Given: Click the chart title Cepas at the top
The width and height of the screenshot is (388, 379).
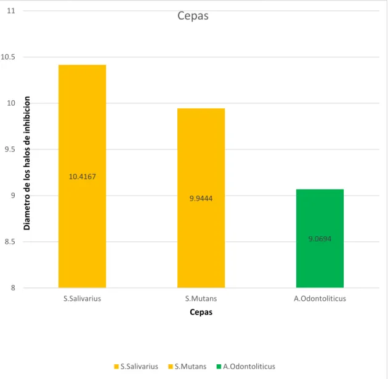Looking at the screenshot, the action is pyautogui.click(x=193, y=16).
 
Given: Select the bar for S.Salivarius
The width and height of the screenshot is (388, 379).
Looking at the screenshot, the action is pyautogui.click(x=82, y=177).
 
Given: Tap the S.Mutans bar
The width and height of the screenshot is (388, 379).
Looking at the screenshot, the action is pyautogui.click(x=201, y=198).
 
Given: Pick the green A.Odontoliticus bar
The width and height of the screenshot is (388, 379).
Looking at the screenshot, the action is pyautogui.click(x=320, y=239).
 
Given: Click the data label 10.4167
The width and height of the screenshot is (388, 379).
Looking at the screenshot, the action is pyautogui.click(x=82, y=177).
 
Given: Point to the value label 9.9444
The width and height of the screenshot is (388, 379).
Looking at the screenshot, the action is pyautogui.click(x=201, y=199).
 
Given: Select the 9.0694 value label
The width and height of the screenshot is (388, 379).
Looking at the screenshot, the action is pyautogui.click(x=320, y=239).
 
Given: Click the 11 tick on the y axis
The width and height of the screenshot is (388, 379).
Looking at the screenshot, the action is pyautogui.click(x=11, y=11).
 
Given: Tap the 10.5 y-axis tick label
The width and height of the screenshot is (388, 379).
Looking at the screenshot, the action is pyautogui.click(x=8, y=57).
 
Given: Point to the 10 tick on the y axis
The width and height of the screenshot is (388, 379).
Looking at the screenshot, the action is pyautogui.click(x=11, y=103).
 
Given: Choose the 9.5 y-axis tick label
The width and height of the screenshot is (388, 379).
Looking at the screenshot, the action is pyautogui.click(x=10, y=150).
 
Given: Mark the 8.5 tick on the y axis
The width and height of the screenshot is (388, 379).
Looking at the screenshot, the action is pyautogui.click(x=10, y=242).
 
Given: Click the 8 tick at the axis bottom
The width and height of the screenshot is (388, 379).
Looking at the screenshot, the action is pyautogui.click(x=13, y=288).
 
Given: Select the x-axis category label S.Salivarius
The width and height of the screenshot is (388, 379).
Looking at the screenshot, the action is pyautogui.click(x=82, y=298).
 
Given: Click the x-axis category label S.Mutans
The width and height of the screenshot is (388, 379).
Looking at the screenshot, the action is pyautogui.click(x=201, y=298).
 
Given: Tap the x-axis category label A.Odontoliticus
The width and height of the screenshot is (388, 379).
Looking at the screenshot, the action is pyautogui.click(x=320, y=298).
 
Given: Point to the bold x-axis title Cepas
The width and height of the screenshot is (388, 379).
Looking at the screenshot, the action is pyautogui.click(x=201, y=312).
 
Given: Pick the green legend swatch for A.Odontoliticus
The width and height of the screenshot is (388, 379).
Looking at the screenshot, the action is pyautogui.click(x=219, y=367).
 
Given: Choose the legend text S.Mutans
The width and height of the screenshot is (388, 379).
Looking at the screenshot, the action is pyautogui.click(x=190, y=367).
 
